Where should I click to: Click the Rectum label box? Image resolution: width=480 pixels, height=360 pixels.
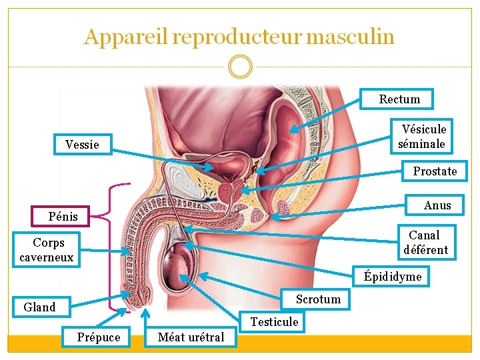point(399,99)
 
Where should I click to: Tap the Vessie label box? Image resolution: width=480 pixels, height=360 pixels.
point(82,144)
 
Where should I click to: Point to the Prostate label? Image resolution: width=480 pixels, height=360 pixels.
point(435,171)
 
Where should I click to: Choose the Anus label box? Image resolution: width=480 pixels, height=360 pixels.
point(437,205)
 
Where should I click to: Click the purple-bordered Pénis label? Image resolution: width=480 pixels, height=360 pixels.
point(63,216)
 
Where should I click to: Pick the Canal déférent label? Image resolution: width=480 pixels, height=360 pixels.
point(425,243)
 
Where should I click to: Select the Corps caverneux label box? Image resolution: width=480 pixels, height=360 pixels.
point(46,250)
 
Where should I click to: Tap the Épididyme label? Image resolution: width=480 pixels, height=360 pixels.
point(392,276)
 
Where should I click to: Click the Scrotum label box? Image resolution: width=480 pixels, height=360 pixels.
point(318,299)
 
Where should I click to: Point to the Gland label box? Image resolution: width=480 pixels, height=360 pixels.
point(39,307)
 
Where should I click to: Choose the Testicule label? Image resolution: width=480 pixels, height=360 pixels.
point(274,322)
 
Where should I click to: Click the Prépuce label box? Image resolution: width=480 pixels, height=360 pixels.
point(99,337)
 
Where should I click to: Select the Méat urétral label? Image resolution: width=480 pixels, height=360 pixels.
point(191,337)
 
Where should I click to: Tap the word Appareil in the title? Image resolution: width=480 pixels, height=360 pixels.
point(125,37)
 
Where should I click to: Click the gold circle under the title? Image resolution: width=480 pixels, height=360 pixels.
point(240,66)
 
